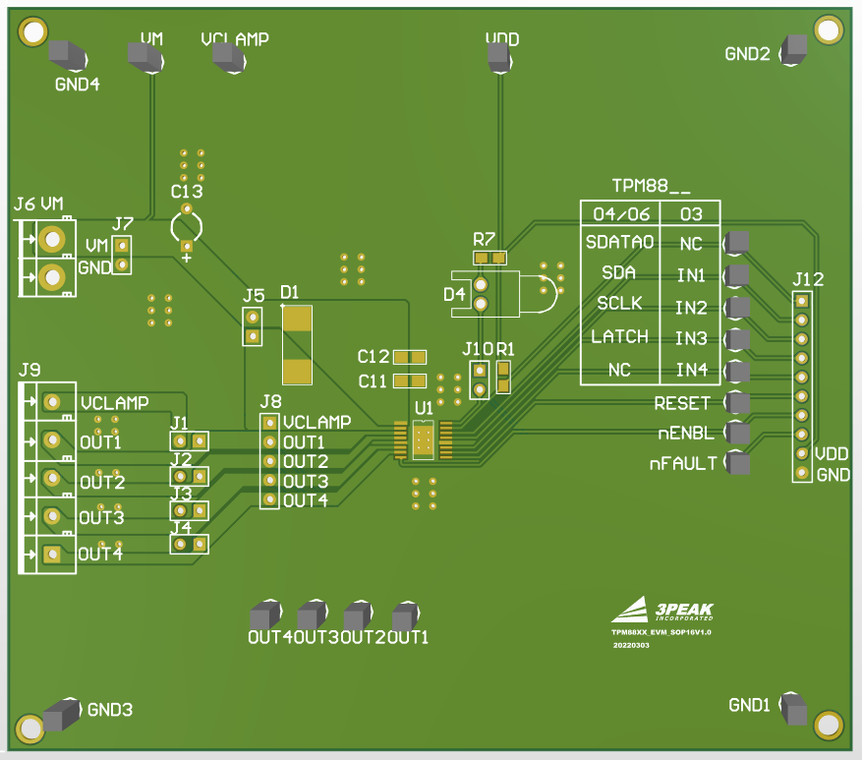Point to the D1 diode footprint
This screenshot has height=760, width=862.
click(x=297, y=344)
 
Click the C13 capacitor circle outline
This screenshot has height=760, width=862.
click(x=186, y=227)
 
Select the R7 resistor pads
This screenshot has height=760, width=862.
click(x=489, y=259)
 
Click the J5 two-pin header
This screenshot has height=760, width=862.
click(x=253, y=326)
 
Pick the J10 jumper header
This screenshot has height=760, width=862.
click(x=480, y=379)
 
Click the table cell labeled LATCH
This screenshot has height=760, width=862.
click(x=619, y=337)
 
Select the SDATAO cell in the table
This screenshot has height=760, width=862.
click(x=618, y=241)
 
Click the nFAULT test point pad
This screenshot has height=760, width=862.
click(x=737, y=463)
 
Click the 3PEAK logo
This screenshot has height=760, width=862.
click(x=662, y=610)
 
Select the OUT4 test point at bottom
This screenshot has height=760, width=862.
click(x=263, y=615)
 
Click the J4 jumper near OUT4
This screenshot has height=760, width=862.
click(x=190, y=543)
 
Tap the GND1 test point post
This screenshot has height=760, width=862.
click(x=792, y=707)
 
